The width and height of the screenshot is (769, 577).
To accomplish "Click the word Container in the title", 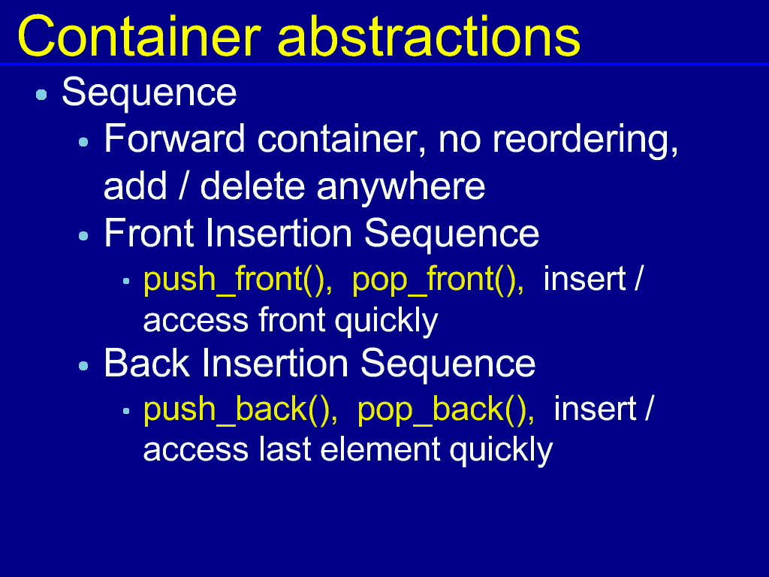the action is tap(139, 36).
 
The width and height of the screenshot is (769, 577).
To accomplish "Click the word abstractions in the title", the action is tap(429, 36).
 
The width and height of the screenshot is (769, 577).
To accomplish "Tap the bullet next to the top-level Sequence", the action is tap(42, 94).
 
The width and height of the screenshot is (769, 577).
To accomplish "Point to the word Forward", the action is tap(174, 138).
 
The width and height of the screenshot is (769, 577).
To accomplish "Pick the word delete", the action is tap(252, 186).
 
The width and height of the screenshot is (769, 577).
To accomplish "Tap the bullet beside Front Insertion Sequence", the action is tap(83, 237).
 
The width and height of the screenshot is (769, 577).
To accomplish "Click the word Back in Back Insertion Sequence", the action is tap(146, 363).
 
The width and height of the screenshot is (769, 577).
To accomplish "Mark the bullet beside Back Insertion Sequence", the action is tap(83, 366).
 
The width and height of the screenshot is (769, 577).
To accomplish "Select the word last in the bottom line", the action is tap(285, 450).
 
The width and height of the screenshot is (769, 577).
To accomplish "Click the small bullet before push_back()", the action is tap(126, 411).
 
